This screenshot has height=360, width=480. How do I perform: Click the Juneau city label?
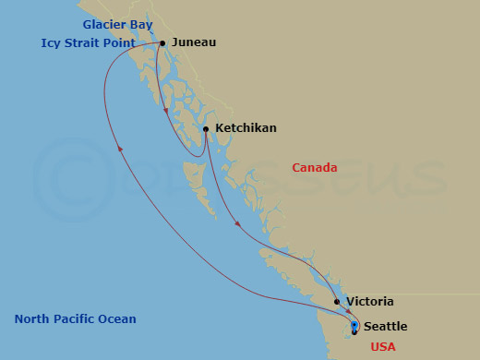(195, 42)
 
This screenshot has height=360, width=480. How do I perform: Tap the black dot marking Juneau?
(162, 42)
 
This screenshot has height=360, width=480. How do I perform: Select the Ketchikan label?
(246, 128)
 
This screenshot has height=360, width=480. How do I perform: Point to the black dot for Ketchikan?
(206, 129)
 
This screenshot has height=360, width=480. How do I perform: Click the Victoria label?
(370, 302)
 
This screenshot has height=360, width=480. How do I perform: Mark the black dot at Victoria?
(338, 302)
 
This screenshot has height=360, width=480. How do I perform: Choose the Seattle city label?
(385, 326)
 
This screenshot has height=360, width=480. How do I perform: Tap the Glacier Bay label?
(117, 24)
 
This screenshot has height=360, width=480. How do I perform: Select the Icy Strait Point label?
(89, 42)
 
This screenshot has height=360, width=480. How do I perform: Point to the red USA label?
(383, 347)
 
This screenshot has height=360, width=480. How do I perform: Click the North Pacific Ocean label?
(76, 319)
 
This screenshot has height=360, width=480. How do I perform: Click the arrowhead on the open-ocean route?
(120, 149)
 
